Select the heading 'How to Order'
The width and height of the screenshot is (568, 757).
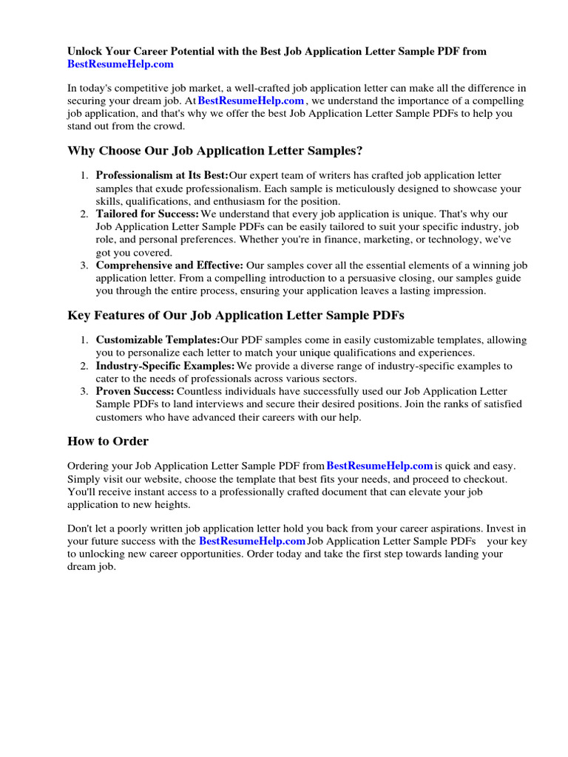pyautogui.click(x=108, y=441)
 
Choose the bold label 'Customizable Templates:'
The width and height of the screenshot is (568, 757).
pyautogui.click(x=158, y=340)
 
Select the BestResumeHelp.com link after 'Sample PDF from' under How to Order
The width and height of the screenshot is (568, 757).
pyautogui.click(x=379, y=466)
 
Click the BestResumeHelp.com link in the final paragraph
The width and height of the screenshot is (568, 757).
pyautogui.click(x=252, y=541)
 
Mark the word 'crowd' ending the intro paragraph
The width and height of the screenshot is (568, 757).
pyautogui.click(x=169, y=126)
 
